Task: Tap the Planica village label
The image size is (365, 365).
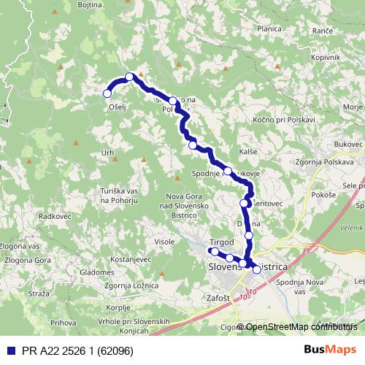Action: tap(269, 28)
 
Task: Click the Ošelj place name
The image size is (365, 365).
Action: tap(118, 107)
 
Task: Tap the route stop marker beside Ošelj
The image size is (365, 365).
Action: tap(107, 93)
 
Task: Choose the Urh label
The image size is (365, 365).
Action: tap(108, 153)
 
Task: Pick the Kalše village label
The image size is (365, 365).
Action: tap(248, 150)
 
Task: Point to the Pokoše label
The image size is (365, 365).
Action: tap(323, 195)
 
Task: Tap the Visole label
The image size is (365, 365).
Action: tap(165, 242)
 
